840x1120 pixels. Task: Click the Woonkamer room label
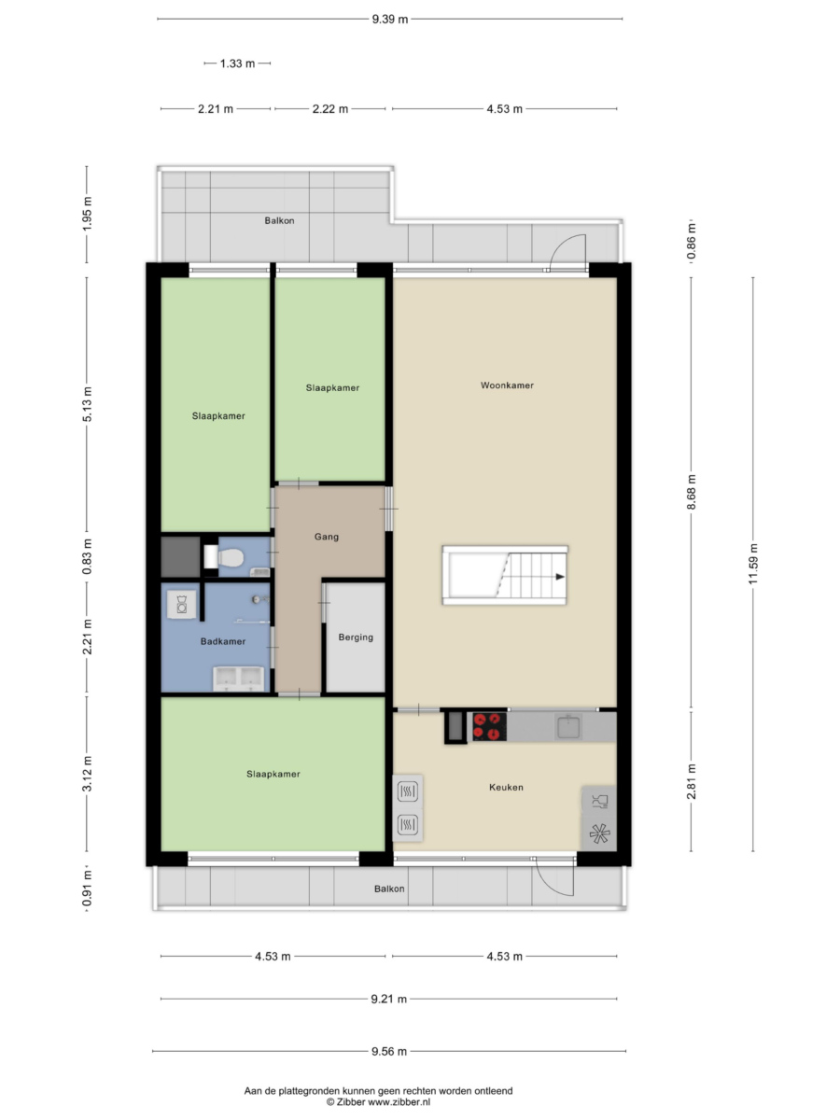(x=507, y=385)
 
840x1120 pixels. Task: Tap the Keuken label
(x=506, y=787)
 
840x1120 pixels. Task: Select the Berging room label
(x=356, y=637)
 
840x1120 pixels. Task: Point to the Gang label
(x=327, y=537)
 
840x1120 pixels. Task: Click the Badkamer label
(x=223, y=641)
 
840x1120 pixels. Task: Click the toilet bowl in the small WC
(x=231, y=557)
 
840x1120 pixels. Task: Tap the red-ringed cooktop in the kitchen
(x=489, y=726)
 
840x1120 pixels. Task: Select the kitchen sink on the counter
(x=568, y=726)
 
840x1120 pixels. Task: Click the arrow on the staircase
(x=560, y=577)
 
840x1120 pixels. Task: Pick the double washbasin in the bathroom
(x=238, y=679)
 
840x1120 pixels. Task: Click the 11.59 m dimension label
(x=753, y=565)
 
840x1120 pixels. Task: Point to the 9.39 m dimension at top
(x=389, y=20)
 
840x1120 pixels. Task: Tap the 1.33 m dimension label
(x=237, y=63)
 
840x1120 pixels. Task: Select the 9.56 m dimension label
(x=389, y=1051)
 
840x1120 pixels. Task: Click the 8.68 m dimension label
(x=691, y=492)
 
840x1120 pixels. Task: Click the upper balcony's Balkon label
(x=279, y=221)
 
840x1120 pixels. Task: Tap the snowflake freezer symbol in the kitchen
(x=599, y=833)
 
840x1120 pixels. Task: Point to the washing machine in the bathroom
(x=182, y=605)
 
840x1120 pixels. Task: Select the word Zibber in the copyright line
(x=351, y=1101)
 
